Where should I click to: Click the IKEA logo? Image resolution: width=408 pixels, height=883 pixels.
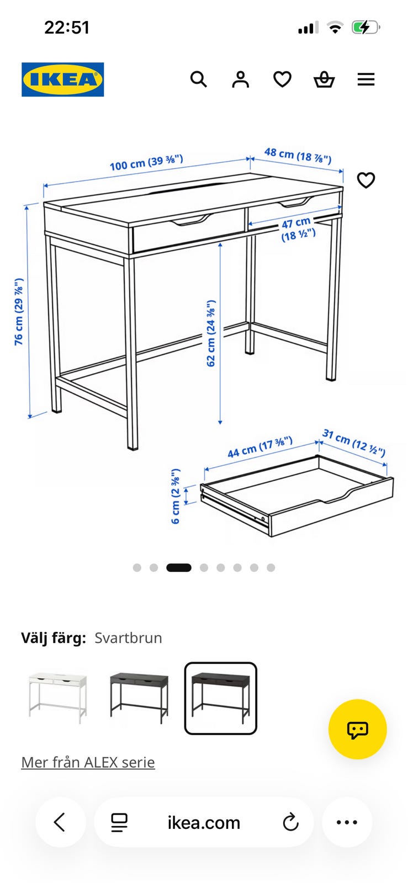coord(63,79)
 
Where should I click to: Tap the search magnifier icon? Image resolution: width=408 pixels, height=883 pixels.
coord(199,79)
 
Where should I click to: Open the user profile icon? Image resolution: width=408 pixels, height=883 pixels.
coord(241,79)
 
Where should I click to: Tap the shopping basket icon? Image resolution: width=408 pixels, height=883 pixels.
coord(324,79)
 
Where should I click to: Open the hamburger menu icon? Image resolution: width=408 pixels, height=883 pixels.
coord(366,79)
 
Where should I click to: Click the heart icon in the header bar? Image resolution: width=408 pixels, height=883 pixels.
coord(282,79)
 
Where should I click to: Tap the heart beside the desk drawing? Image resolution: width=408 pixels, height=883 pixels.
coord(366,180)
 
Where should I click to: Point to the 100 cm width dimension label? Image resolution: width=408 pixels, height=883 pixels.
coord(146,162)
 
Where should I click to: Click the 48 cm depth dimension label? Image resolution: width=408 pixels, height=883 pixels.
coord(298,155)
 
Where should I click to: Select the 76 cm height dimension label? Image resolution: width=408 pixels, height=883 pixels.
coord(19,311)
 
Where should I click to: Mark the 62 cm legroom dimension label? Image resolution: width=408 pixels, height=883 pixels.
coord(211,333)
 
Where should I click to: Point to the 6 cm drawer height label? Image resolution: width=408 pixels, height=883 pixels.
coord(176,496)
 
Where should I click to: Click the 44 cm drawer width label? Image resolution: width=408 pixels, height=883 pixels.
coord(260,447)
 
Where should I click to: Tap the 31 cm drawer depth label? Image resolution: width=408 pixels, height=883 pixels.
coord(353,442)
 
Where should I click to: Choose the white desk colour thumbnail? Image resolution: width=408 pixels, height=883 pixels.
coord(57,698)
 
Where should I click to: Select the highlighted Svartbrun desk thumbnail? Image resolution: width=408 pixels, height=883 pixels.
coord(221,698)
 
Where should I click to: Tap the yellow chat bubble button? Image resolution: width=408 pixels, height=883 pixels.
coord(358,729)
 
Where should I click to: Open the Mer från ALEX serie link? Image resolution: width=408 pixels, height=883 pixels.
coord(88,762)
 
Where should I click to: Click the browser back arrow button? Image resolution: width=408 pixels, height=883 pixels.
coord(60,822)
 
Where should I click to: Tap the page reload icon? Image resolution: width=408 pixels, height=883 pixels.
coord(291,822)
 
